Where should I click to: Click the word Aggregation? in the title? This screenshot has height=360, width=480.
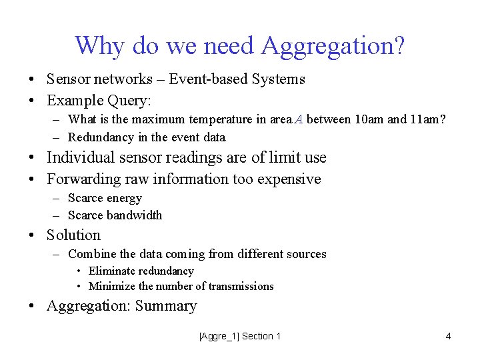333,46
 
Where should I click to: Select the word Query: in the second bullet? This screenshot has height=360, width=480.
129,101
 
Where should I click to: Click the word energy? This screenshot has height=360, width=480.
124,198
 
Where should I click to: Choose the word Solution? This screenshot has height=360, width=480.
73,235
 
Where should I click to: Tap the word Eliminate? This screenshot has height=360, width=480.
112,271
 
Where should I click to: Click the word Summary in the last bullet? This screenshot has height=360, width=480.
166,307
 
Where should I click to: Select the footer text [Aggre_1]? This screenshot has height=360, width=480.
219,337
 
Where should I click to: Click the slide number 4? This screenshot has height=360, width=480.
448,337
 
